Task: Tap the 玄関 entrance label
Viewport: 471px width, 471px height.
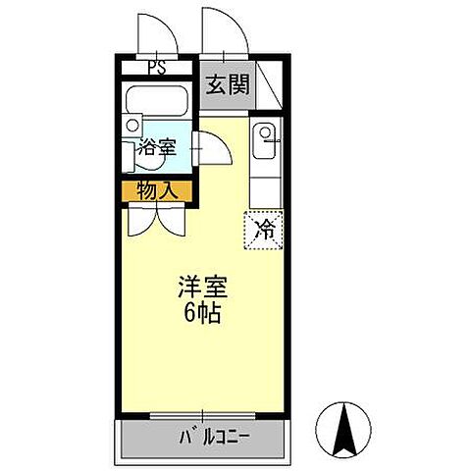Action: click(x=227, y=84)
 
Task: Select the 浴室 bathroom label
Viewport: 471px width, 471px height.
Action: click(x=157, y=149)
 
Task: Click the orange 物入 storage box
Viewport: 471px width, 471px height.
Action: click(x=157, y=190)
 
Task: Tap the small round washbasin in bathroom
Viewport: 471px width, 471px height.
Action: click(x=132, y=126)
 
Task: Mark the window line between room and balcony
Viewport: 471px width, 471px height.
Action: click(x=206, y=417)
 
